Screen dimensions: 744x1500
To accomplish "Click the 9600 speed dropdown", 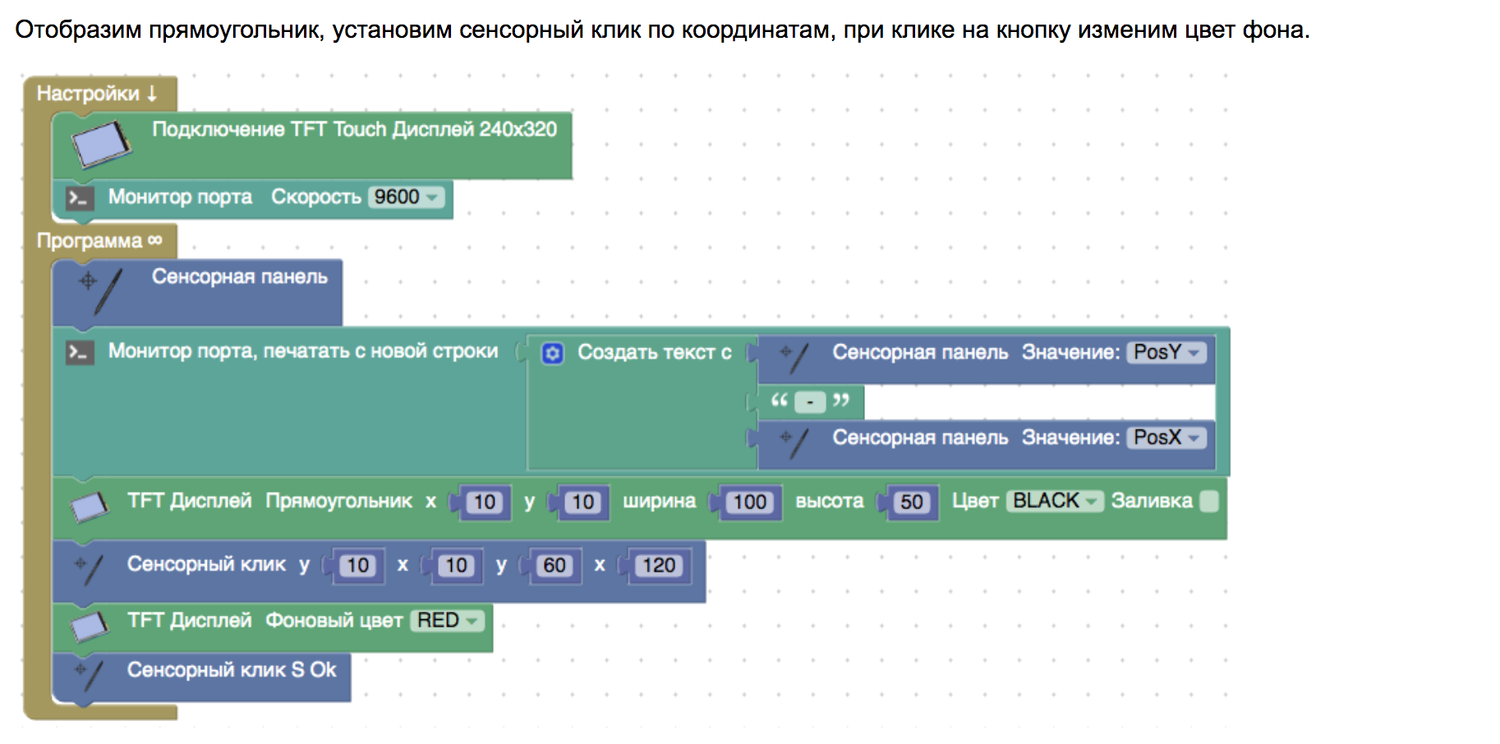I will point(407,197).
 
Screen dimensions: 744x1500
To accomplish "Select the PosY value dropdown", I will point(1166,352).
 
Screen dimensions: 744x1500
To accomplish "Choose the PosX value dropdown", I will point(1166,438).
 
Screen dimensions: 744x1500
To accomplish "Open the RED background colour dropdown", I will point(446,621).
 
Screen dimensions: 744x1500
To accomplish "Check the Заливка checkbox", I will point(1208,501).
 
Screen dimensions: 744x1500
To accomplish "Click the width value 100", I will point(749,503).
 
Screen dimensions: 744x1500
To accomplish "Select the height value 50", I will point(911,503).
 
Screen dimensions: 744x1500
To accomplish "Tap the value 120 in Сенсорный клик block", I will point(659,566).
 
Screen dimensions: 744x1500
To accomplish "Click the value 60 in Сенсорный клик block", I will point(554,566).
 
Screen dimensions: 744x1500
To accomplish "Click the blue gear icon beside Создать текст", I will point(553,353).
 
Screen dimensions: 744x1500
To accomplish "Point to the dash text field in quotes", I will point(810,402).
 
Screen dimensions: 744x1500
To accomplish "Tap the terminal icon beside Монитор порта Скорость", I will point(80,198).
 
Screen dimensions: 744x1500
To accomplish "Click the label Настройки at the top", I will point(88,94).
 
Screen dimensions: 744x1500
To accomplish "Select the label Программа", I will point(90,241).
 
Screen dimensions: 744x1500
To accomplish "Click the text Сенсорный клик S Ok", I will point(232,670).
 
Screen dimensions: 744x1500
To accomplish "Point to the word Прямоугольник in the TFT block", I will point(338,501).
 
